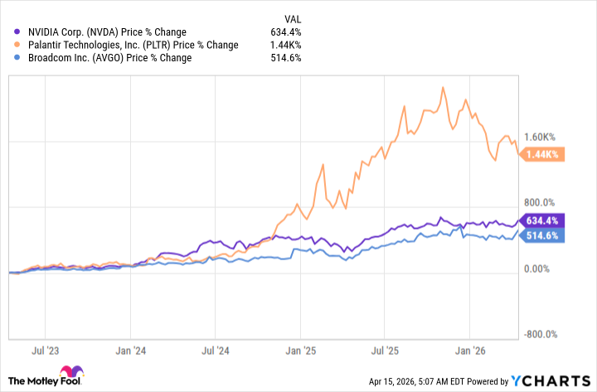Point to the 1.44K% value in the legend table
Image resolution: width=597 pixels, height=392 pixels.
286,45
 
